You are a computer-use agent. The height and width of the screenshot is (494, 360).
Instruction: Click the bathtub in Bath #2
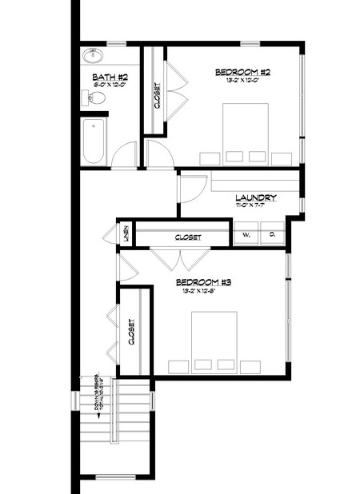pos(93,141)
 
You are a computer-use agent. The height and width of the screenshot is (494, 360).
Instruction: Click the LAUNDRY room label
pos(256,197)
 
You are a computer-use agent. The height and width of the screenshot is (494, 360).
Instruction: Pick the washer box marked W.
pos(246,235)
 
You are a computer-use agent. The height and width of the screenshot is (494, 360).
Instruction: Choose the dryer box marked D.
pos(272,235)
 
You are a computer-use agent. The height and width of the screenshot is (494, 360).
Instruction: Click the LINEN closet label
pos(126,234)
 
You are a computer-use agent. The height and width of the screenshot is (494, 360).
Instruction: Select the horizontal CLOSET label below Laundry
pos(188,237)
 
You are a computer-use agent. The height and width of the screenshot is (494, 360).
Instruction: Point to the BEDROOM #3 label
pos(203,282)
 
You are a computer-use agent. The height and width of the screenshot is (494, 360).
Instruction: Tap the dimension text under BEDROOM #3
pos(203,291)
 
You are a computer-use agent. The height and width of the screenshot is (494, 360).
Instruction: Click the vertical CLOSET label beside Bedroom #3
pos(130,331)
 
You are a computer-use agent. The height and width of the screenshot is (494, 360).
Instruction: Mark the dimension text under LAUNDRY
pos(256,205)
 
